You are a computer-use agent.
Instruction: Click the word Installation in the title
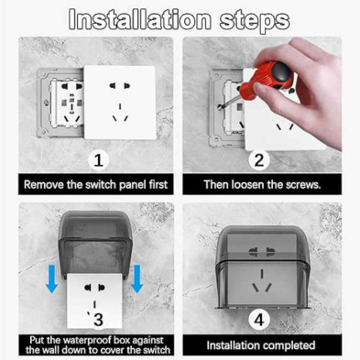tap(139, 19)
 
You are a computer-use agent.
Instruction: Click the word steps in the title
tap(255, 20)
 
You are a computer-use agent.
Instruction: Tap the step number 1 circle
tap(98, 160)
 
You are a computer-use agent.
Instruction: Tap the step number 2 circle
tap(259, 160)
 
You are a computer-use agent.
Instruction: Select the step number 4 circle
tap(259, 320)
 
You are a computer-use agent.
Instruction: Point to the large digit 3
tap(98, 320)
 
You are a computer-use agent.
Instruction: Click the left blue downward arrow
tap(52, 278)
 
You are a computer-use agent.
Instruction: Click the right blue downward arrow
tap(137, 278)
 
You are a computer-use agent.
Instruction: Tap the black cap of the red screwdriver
tap(281, 71)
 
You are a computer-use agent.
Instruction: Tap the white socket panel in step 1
tap(120, 103)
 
